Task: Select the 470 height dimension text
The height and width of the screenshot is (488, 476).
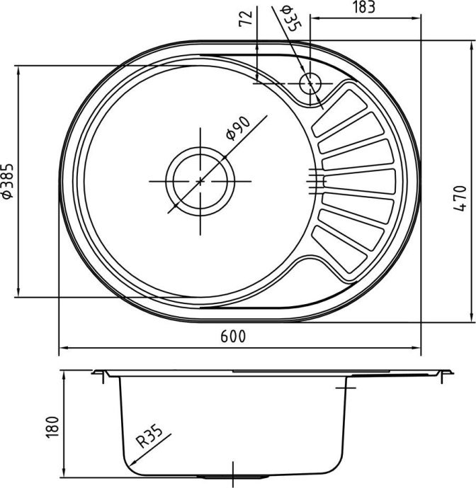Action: pyautogui.click(x=460, y=199)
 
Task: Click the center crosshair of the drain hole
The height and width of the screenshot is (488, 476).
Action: pyautogui.click(x=200, y=181)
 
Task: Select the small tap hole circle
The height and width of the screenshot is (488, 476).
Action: pyautogui.click(x=310, y=83)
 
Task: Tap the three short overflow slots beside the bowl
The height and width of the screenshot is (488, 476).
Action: pyautogui.click(x=314, y=181)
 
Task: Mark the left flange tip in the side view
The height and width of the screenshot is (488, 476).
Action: pyautogui.click(x=93, y=372)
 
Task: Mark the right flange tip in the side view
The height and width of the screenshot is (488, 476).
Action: pyautogui.click(x=450, y=370)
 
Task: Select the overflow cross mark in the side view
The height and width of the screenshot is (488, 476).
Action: pyautogui.click(x=345, y=388)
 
